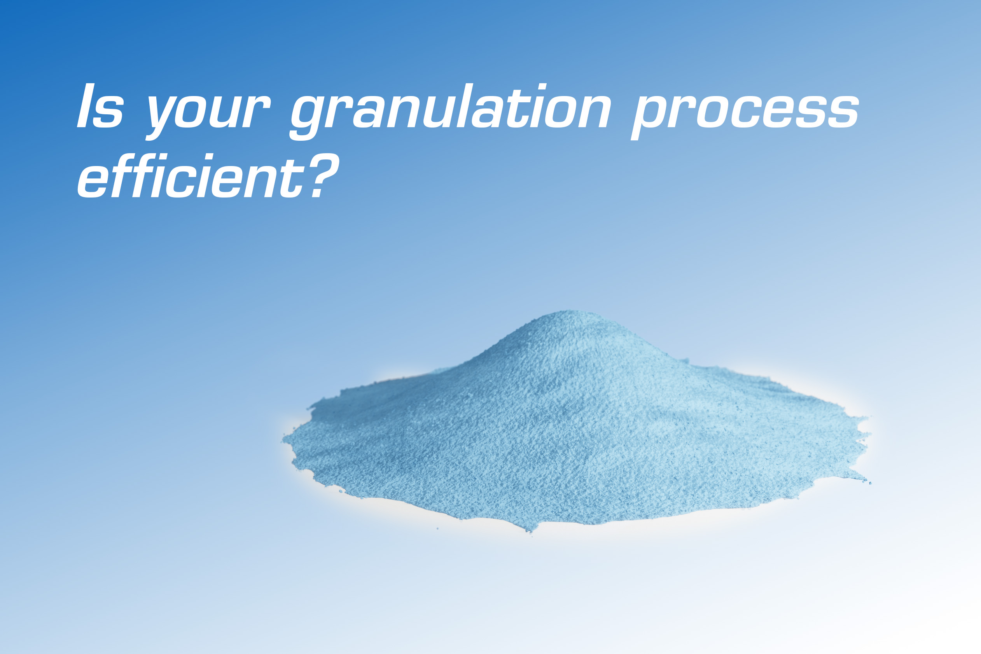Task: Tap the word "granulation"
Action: [x=451, y=111]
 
